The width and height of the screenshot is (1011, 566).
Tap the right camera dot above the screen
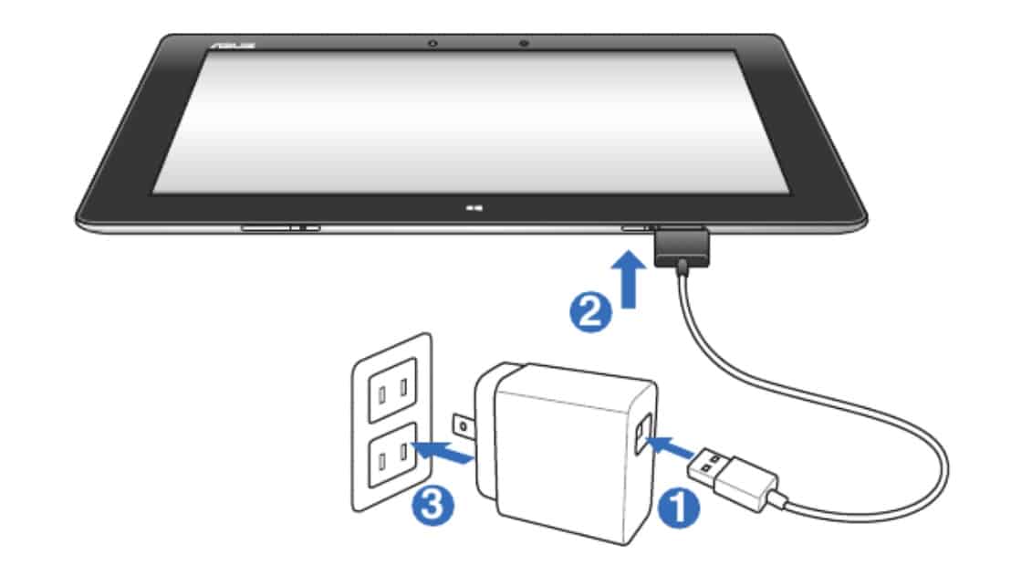tap(525, 43)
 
